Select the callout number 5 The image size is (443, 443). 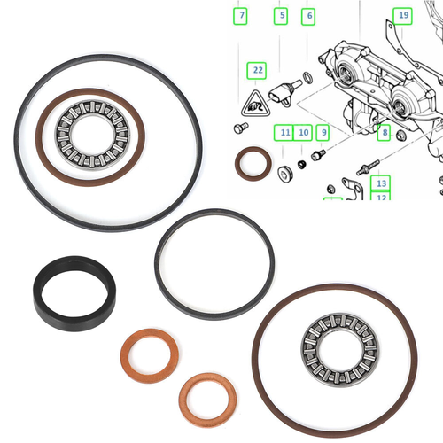click(x=282, y=15)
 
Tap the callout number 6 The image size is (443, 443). click(x=307, y=15)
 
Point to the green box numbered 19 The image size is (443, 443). click(x=402, y=15)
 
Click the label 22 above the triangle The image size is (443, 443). click(x=257, y=68)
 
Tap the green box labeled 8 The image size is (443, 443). click(x=383, y=132)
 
